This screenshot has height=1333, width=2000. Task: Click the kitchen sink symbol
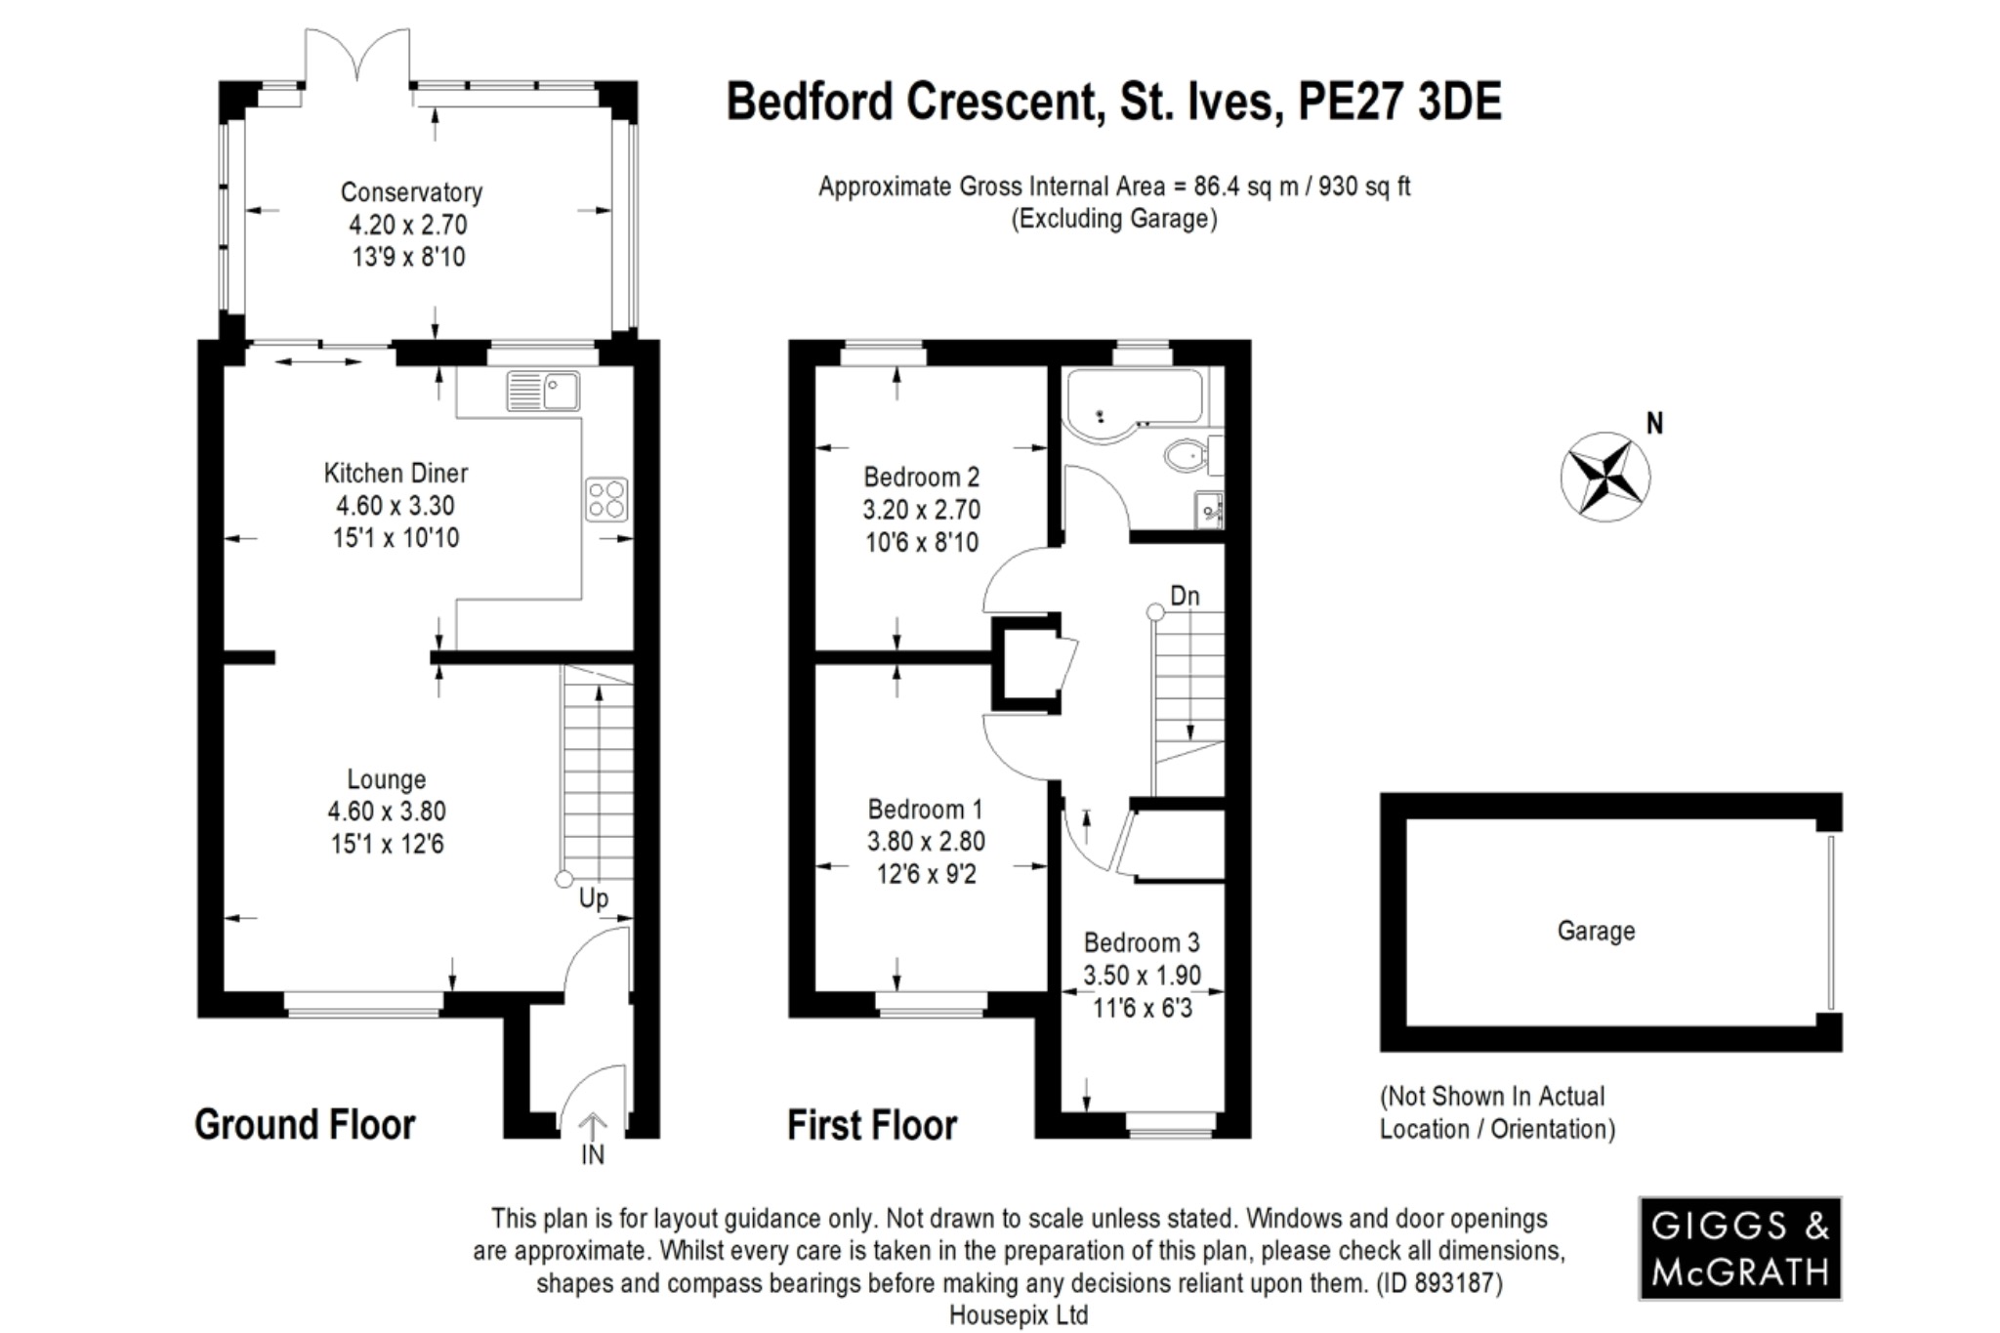(543, 391)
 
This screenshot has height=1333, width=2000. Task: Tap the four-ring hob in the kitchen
(605, 499)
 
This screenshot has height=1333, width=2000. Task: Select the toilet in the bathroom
(1186, 455)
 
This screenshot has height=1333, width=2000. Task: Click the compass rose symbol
(1604, 477)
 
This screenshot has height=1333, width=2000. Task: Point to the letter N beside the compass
(1654, 424)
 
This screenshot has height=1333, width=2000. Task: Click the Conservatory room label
(411, 192)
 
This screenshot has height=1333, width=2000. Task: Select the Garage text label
(1596, 931)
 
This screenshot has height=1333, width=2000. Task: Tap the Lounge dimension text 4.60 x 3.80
(387, 812)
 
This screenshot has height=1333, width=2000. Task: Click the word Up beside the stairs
(593, 897)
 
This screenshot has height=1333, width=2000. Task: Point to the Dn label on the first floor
(1184, 596)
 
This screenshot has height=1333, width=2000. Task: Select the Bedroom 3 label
(1142, 942)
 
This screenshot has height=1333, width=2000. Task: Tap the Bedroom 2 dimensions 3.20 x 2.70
(921, 510)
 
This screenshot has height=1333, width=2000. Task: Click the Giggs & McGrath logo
(1739, 1248)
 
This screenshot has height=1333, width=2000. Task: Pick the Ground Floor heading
(305, 1125)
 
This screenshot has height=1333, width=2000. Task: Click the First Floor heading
(871, 1125)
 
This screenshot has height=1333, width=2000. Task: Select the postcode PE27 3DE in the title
(1398, 103)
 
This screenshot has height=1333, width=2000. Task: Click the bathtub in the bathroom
(1133, 399)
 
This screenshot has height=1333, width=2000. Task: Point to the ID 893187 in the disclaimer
(1439, 1283)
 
